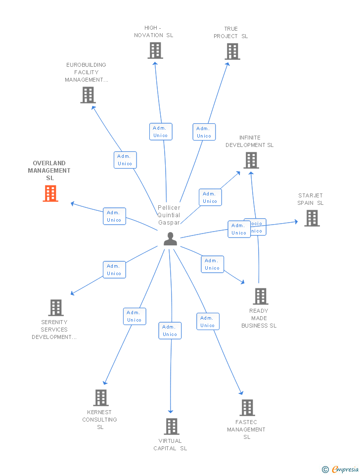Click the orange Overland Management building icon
point(50,193)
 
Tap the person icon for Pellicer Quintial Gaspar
point(170,239)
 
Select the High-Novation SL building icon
point(155,50)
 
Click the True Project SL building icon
point(232,51)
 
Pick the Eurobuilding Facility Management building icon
point(88,95)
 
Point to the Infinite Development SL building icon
point(251,160)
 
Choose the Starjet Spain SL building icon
point(312,218)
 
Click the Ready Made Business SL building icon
point(260,296)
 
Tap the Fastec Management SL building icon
point(247,408)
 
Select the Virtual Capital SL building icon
point(171,427)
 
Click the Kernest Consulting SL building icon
point(101,398)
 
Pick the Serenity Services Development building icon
point(55,308)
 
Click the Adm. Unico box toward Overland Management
point(114,216)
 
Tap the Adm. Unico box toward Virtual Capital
point(170,331)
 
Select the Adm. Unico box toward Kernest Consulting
point(135,316)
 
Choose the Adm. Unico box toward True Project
point(204,132)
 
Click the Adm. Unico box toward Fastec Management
point(208,322)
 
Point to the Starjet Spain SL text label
point(310,199)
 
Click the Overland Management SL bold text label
point(49,170)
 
